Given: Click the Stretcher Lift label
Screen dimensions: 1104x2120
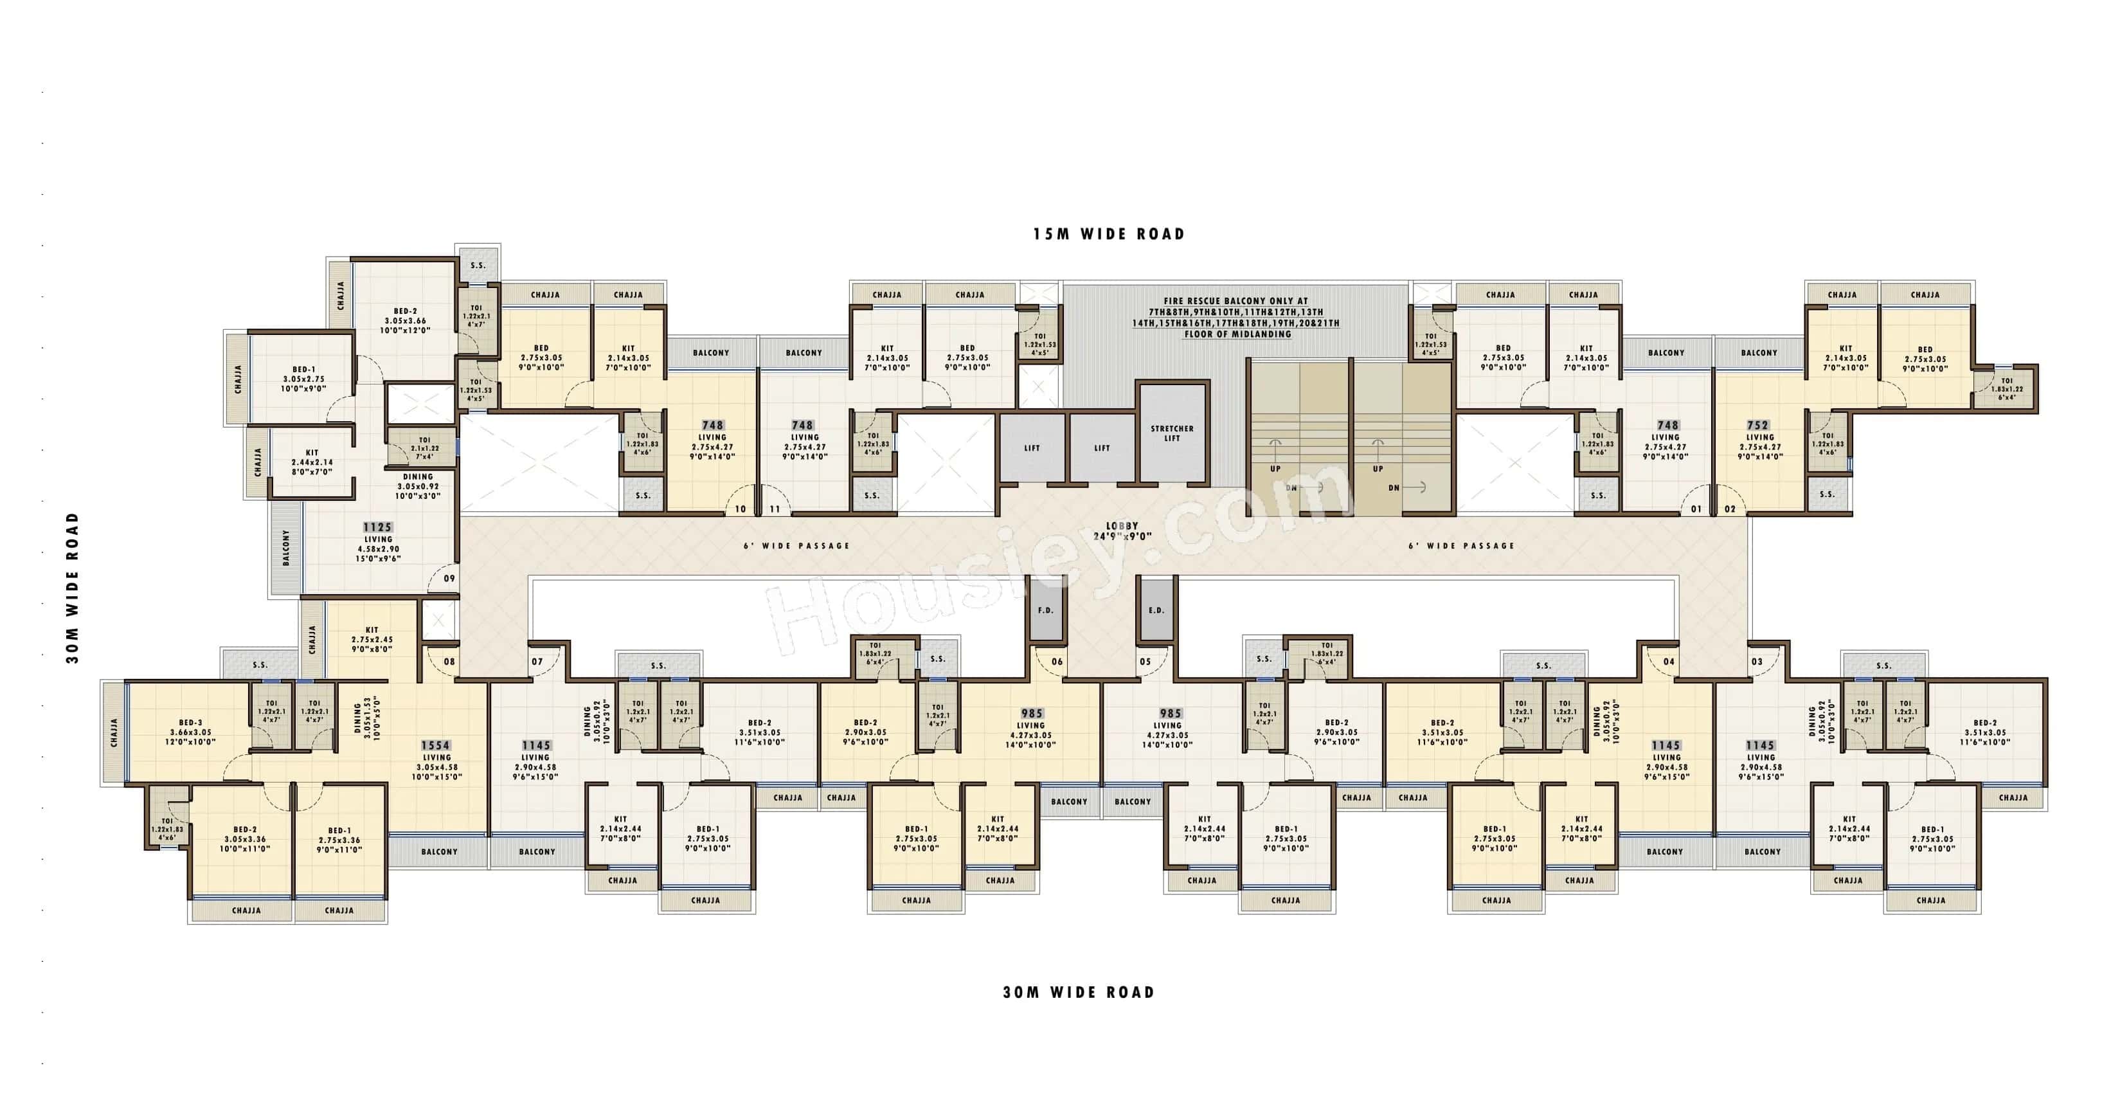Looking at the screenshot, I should (x=1171, y=433).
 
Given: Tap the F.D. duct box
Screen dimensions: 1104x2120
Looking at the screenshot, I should (x=1045, y=610).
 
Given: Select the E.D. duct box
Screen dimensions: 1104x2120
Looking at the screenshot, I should (x=1156, y=610).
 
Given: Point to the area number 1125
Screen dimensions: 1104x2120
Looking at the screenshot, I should (x=378, y=527).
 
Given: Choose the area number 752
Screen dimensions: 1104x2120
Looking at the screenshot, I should (x=1758, y=426).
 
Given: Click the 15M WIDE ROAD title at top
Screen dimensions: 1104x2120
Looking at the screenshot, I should (x=1109, y=235).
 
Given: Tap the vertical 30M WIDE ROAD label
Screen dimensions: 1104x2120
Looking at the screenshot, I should (x=73, y=588).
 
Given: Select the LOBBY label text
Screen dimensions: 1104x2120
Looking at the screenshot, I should (x=1122, y=526).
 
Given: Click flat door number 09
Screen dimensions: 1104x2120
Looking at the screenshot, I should (x=449, y=579).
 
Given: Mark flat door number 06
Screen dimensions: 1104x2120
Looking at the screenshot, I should (x=1057, y=661).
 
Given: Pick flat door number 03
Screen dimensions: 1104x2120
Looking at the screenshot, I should (x=1757, y=661).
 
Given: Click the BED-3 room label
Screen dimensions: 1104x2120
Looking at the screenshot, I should (x=190, y=722).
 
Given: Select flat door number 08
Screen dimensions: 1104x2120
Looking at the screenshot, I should (x=449, y=661).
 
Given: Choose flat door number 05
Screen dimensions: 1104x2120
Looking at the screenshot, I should (x=1145, y=661).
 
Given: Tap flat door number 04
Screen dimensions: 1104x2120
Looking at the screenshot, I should (x=1669, y=661).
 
